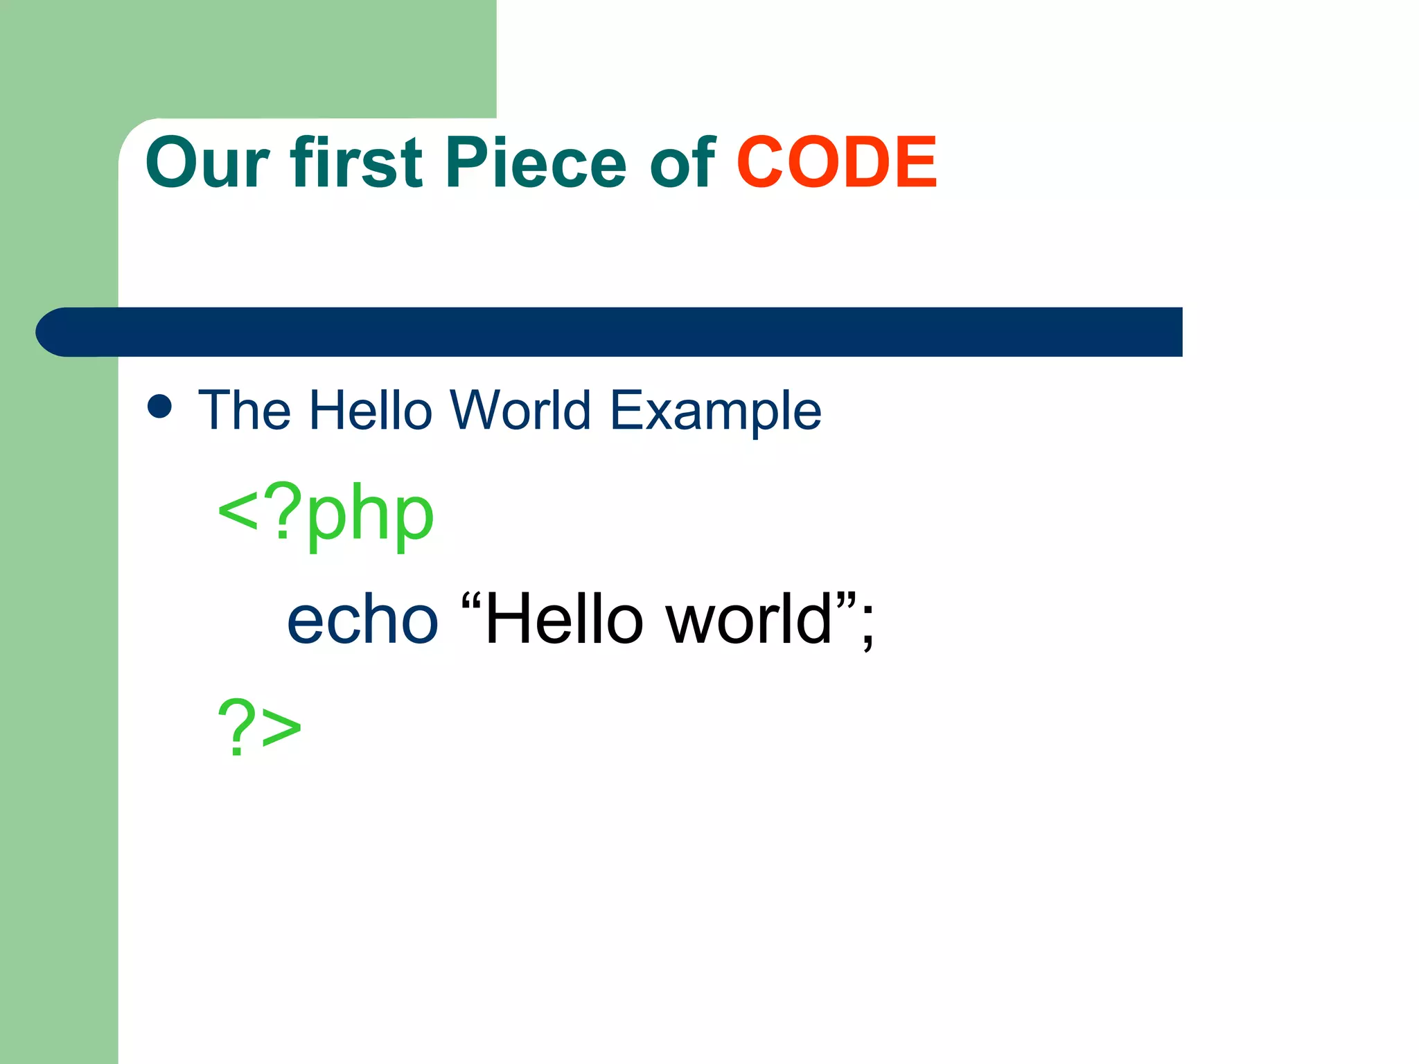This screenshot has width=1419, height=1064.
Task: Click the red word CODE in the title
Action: click(836, 162)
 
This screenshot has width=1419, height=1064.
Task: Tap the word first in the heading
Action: click(356, 162)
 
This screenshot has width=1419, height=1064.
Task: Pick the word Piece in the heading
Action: click(536, 162)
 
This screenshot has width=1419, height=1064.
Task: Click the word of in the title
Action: click(682, 162)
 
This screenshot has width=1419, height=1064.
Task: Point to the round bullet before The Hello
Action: click(160, 407)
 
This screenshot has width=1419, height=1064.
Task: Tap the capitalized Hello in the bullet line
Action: click(371, 410)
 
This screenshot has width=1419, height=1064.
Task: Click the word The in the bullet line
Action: click(245, 410)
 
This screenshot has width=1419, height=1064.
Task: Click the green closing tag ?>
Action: click(259, 727)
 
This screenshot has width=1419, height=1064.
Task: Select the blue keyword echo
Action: click(362, 619)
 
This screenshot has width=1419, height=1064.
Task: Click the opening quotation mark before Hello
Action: click(471, 601)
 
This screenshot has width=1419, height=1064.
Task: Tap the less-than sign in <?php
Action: click(238, 513)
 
